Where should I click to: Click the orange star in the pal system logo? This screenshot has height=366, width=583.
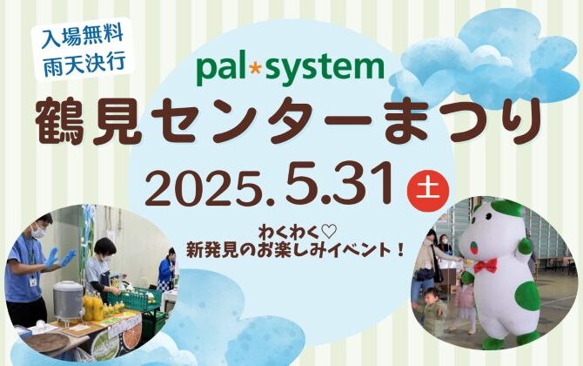click(255, 70)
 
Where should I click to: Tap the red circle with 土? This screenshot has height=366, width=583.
click(428, 190)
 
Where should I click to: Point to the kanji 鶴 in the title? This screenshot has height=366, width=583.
click(60, 121)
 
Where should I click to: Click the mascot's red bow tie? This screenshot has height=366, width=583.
click(486, 266)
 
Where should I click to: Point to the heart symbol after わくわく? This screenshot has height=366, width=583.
click(328, 233)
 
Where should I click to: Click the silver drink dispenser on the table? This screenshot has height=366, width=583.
click(68, 300)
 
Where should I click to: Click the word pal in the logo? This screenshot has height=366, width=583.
click(221, 69)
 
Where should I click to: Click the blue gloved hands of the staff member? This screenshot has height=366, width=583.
click(59, 257)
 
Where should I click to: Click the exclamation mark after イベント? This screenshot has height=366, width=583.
click(400, 250)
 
